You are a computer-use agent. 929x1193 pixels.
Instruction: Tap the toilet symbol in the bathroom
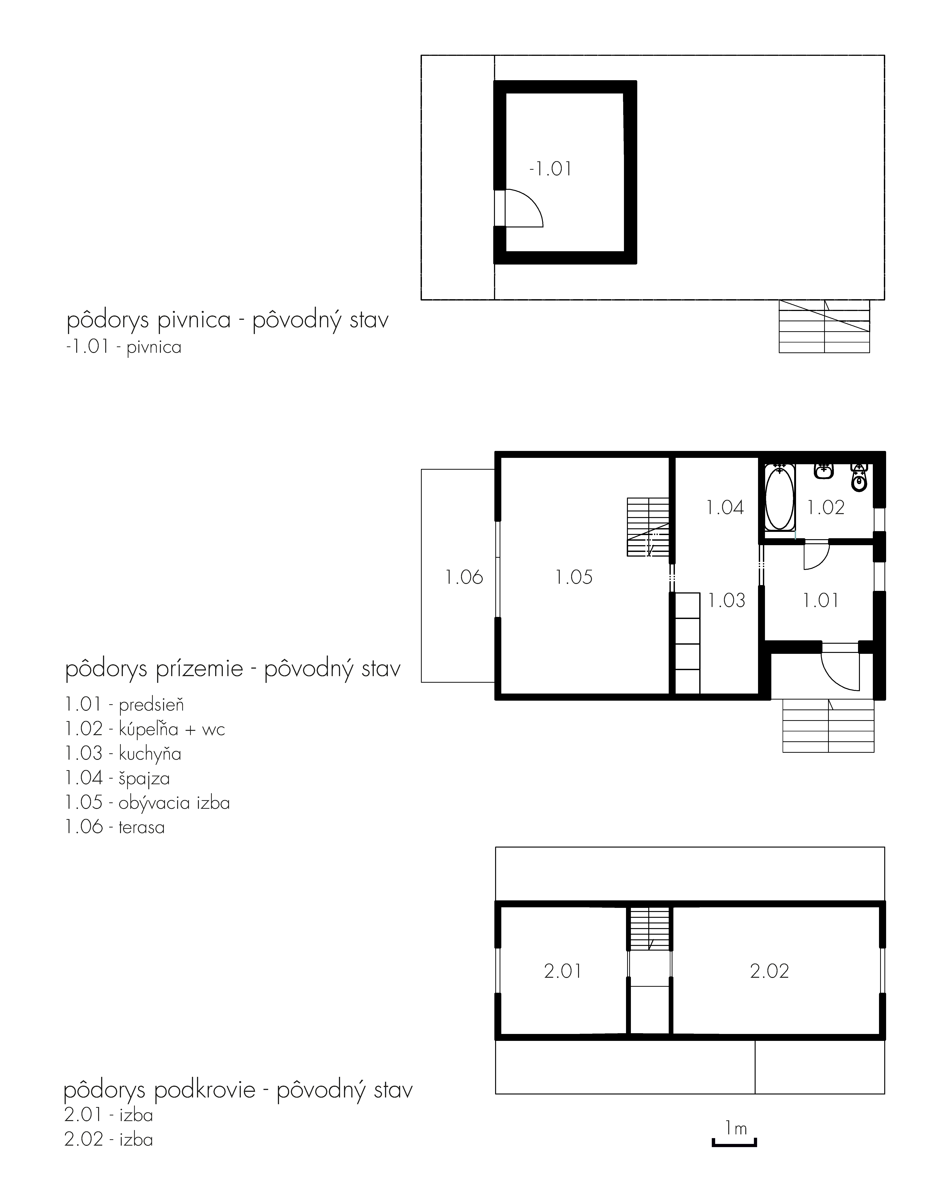tap(860, 478)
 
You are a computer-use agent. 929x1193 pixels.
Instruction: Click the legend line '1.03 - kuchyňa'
tap(123, 754)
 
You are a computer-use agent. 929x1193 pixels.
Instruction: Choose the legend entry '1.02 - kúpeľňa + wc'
tap(145, 729)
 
